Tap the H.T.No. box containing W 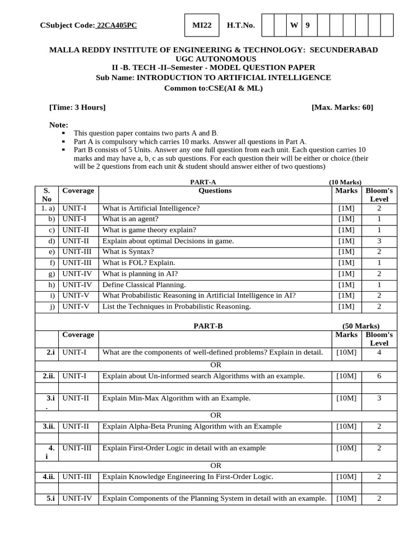294,25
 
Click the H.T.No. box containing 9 307,25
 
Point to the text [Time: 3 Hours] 77,107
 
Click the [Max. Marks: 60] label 342,107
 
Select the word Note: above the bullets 59,125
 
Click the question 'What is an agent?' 130,219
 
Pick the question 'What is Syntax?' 128,251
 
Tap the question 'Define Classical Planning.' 144,285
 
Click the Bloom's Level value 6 379,376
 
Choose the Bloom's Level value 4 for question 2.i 379,353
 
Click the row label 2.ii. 49,376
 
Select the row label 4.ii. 49,477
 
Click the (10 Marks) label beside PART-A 345,182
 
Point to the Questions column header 215,191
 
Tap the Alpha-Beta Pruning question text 192,427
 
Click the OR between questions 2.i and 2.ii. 216,365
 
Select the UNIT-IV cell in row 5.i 77,498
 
